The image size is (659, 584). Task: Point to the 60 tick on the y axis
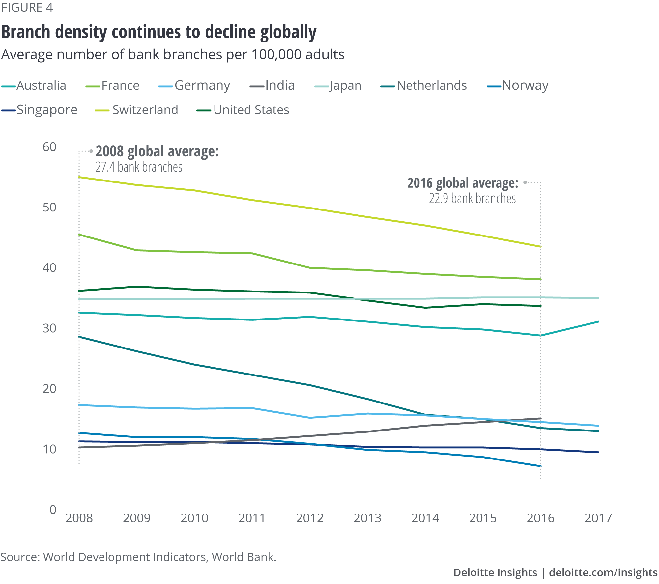(49, 147)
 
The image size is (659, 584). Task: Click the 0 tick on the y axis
(53, 510)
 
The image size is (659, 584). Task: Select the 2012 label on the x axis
(310, 518)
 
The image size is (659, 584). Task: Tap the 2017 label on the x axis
(598, 518)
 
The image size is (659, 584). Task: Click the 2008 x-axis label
(79, 518)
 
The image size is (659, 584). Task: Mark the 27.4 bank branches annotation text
(139, 167)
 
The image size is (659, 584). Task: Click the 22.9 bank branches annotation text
(472, 199)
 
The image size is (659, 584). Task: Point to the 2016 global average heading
(463, 183)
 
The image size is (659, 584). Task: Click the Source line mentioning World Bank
(138, 557)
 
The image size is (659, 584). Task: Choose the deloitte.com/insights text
(603, 573)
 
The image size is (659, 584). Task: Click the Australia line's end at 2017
(598, 321)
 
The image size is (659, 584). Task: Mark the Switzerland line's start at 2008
(79, 177)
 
